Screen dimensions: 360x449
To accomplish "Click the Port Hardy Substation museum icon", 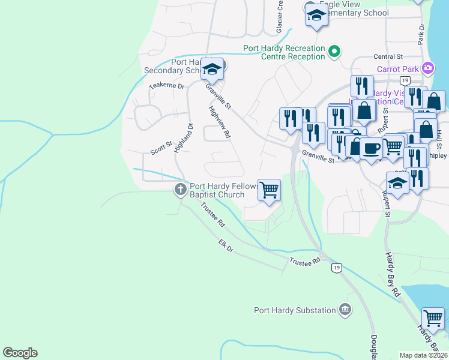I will (x=345, y=310).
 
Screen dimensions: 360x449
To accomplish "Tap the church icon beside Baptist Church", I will (x=179, y=190).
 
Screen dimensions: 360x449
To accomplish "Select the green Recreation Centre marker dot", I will (x=335, y=53).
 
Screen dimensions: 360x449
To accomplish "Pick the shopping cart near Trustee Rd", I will (x=270, y=189).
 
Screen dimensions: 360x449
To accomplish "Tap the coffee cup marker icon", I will (x=372, y=147).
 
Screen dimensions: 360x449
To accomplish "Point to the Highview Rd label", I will (x=220, y=122).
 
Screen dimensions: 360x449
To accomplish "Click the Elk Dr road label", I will (x=226, y=245).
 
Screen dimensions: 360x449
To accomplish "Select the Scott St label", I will (x=161, y=148).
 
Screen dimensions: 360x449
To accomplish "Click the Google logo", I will (x=20, y=353).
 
